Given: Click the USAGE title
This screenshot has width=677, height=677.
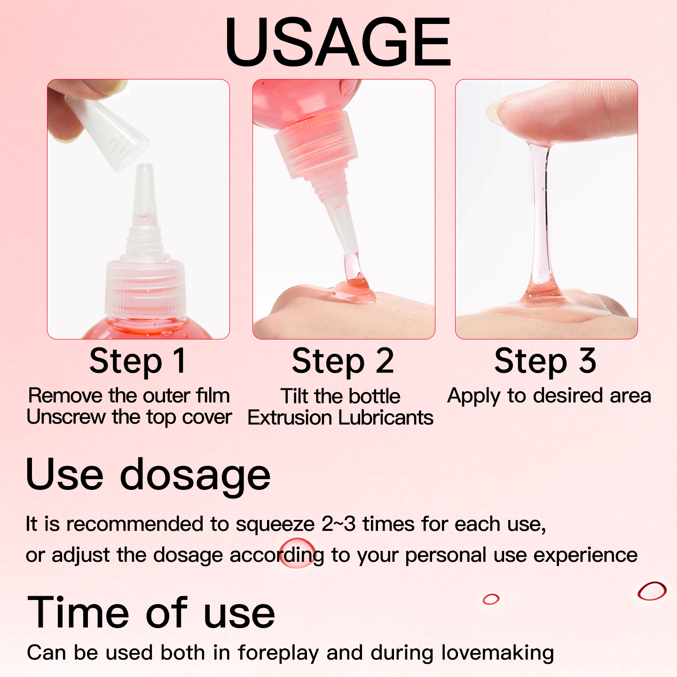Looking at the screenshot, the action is click(338, 41).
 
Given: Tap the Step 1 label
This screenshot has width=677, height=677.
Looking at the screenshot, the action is click(138, 361).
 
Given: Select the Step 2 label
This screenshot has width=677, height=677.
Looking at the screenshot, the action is click(343, 361).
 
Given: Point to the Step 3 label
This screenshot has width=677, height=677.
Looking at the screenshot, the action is click(545, 361).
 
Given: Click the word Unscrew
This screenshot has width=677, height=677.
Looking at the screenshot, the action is click(66, 417).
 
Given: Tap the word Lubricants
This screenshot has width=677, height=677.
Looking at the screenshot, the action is click(386, 418).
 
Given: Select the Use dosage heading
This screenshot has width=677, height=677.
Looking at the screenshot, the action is click(148, 474).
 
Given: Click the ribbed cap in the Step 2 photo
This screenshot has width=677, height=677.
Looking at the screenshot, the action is click(316, 146).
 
